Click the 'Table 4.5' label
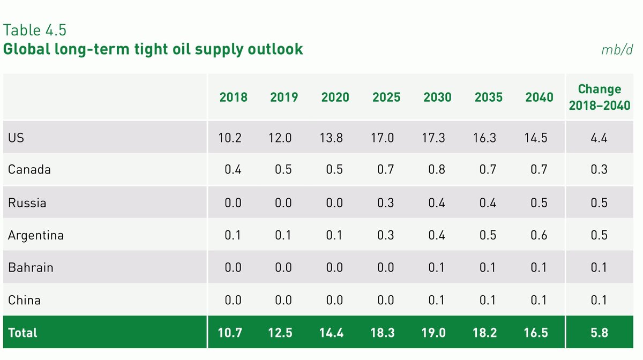click(35, 30)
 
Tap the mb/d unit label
click(617, 50)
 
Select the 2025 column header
click(386, 97)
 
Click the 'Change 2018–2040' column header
click(600, 97)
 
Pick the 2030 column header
click(437, 97)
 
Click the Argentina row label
click(36, 235)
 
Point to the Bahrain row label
click(31, 267)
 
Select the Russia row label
click(27, 203)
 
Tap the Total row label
click(23, 333)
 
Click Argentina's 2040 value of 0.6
click(539, 235)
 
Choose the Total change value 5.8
click(600, 333)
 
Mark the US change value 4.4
click(600, 138)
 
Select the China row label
click(24, 300)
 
